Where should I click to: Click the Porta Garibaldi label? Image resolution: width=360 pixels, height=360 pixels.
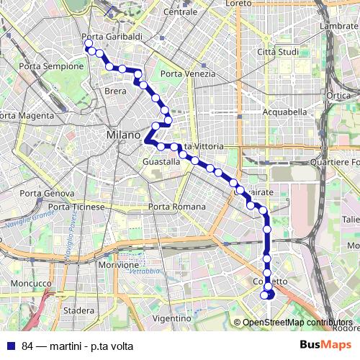pyautogui.click(x=112, y=37)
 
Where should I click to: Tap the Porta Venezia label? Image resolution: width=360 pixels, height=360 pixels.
pyautogui.click(x=188, y=74)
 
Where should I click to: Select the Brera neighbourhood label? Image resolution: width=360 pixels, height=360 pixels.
pyautogui.click(x=115, y=91)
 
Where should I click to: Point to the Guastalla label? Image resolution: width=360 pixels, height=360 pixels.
pyautogui.click(x=161, y=162)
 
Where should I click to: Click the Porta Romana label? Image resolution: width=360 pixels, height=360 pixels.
pyautogui.click(x=176, y=207)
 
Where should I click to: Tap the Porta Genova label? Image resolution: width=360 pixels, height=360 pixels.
pyautogui.click(x=47, y=194)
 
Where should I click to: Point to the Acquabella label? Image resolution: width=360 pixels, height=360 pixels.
pyautogui.click(x=284, y=112)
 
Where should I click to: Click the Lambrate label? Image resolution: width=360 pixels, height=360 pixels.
pyautogui.click(x=339, y=27)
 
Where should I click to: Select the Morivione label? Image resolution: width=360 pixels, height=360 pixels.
pyautogui.click(x=118, y=265)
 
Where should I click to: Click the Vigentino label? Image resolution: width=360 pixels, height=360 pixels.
pyautogui.click(x=171, y=318)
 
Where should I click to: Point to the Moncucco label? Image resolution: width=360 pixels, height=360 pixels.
pyautogui.click(x=27, y=285)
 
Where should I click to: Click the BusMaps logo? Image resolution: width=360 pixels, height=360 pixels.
pyautogui.click(x=320, y=345)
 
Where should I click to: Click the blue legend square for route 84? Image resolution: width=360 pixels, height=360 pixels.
pyautogui.click(x=9, y=345)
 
